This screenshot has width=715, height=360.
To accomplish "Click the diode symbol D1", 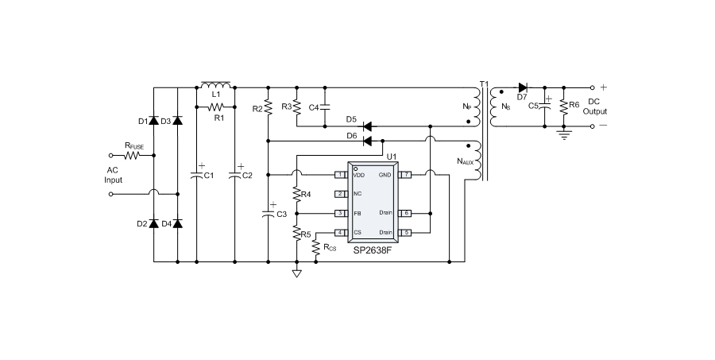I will [154, 121].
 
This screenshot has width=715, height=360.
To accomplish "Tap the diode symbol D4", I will [176, 223].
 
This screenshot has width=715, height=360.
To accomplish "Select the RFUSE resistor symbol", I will [131, 156].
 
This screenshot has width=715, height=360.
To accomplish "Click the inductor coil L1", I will [215, 84].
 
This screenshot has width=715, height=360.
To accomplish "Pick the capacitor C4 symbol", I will [325, 106].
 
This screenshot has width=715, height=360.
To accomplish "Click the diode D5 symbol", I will [368, 126].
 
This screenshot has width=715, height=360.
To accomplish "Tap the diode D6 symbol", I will [368, 141].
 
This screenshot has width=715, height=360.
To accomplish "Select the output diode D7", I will [523, 87].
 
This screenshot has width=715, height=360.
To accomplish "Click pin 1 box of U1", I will [339, 174].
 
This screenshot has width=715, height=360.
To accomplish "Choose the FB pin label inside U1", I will [357, 213].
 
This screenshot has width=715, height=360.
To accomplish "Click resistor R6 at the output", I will [563, 107].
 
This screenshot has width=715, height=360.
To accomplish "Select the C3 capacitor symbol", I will [269, 212].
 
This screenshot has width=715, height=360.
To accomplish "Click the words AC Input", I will [114, 175].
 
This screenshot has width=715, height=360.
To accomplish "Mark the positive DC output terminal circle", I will [592, 87].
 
